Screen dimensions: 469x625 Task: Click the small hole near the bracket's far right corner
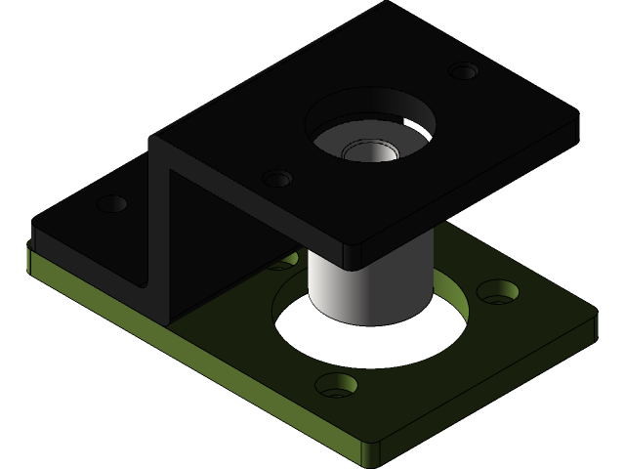[x=464, y=71]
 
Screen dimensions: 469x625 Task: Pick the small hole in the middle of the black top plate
[x=277, y=179]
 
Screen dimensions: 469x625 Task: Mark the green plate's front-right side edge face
[x=488, y=396]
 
